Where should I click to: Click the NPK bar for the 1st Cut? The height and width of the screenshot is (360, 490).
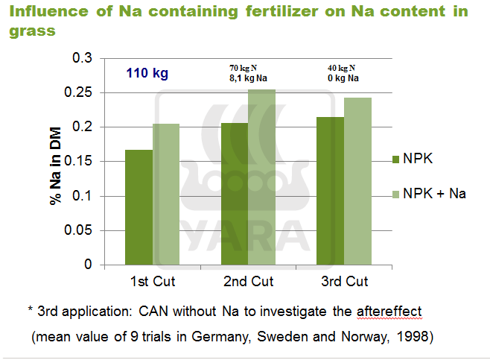coord(139,207)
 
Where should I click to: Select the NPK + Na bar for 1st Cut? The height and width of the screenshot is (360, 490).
coord(165,194)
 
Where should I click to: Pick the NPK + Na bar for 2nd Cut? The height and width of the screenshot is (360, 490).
coord(261,177)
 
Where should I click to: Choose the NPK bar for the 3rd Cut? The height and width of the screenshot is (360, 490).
coord(331,191)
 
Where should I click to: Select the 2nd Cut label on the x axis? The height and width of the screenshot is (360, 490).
coord(248,282)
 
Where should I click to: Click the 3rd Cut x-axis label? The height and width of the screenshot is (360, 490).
coord(343,282)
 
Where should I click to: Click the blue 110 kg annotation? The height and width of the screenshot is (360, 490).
coord(147,73)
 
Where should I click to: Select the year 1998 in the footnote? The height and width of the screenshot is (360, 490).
coord(416,336)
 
